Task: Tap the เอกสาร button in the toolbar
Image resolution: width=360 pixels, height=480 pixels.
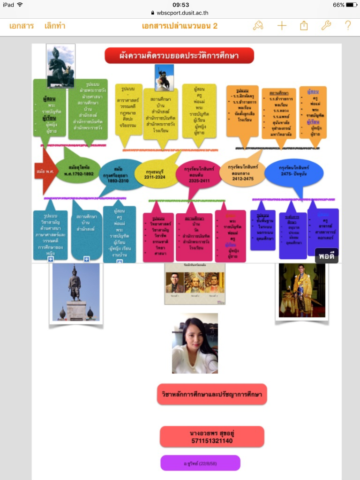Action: (x=22, y=26)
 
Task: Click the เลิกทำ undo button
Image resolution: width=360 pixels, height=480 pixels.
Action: (x=56, y=26)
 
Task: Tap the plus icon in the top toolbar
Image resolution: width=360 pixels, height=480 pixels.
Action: (x=282, y=26)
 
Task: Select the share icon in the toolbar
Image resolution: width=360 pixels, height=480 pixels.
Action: (x=304, y=26)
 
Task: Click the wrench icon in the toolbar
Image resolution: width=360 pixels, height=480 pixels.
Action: (x=326, y=26)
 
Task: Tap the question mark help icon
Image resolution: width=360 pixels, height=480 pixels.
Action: (x=348, y=26)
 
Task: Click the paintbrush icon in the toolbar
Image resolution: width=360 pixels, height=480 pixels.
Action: (x=258, y=26)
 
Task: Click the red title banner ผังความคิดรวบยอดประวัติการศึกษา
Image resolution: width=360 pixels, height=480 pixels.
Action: (x=179, y=56)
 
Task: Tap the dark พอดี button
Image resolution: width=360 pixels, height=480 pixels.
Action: (x=327, y=256)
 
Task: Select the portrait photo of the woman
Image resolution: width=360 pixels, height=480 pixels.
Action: (x=195, y=343)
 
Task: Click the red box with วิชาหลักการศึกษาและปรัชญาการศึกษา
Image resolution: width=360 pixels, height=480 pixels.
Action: (x=212, y=394)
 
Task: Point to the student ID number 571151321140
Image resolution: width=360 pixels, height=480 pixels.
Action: (x=212, y=441)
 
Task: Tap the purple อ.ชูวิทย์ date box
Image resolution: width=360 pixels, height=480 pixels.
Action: (x=200, y=463)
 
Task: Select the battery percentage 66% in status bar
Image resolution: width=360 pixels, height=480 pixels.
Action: (x=338, y=5)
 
